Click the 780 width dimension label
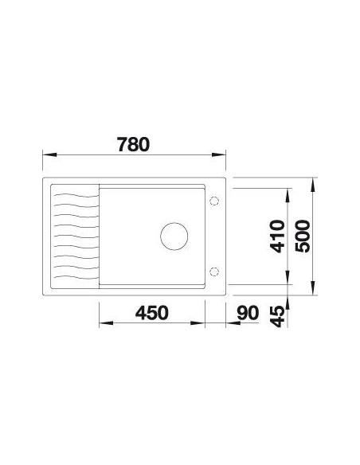(x=133, y=144)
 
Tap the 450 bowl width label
(x=152, y=313)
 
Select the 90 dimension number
(x=248, y=313)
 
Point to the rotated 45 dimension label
(x=278, y=317)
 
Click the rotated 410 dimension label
(x=278, y=236)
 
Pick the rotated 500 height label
(x=303, y=236)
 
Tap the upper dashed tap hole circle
(x=213, y=201)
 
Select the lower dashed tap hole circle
(x=213, y=271)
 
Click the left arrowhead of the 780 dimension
(x=49, y=154)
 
